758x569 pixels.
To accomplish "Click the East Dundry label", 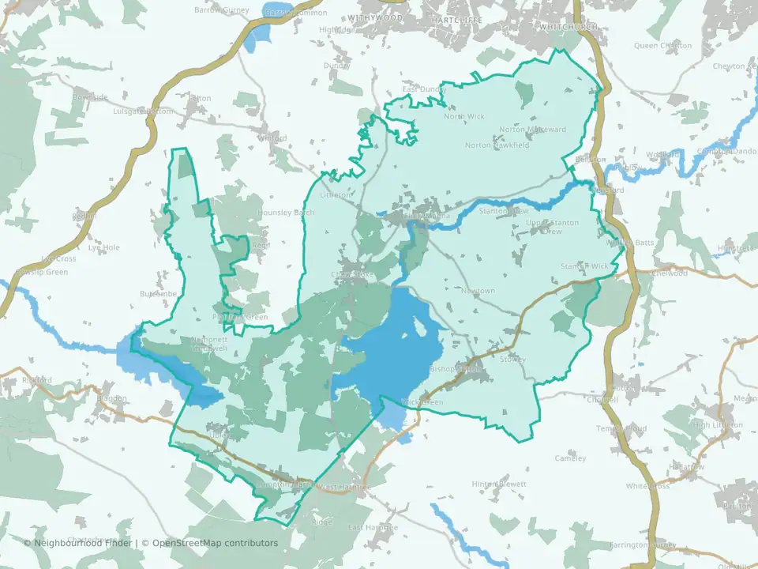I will click(x=424, y=89).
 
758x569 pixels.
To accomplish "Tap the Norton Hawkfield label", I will click(x=497, y=145).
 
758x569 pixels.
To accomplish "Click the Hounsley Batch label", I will click(x=286, y=213).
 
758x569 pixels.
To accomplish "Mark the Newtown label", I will click(x=478, y=291).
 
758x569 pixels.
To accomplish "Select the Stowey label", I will click(x=512, y=360).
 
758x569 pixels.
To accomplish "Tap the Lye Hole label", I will click(x=104, y=247).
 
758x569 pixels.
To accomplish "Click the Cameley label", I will click(x=570, y=458).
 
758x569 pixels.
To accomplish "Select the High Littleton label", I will click(x=718, y=425).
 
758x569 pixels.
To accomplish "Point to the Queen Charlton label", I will click(x=662, y=45).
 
